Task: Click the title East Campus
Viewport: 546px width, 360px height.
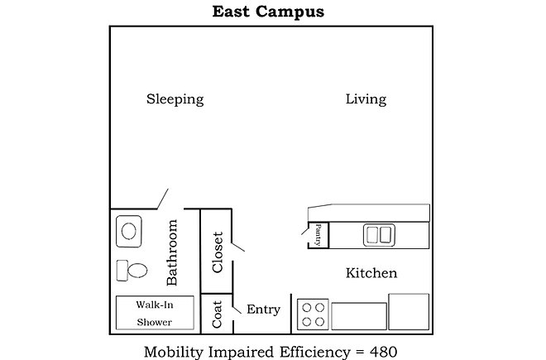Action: [268, 11]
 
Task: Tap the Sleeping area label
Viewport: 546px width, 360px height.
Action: [175, 99]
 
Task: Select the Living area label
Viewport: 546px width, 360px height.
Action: [366, 99]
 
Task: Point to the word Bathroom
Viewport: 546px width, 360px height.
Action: [172, 252]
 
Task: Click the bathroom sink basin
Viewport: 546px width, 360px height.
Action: [129, 231]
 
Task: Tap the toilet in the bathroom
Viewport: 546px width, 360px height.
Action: [132, 270]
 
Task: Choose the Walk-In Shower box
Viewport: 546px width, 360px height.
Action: [155, 313]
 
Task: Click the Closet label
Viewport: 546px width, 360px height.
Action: [218, 252]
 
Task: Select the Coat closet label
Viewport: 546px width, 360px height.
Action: [217, 314]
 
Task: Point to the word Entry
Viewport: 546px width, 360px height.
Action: [264, 310]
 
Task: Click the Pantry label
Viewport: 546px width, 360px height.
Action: [318, 235]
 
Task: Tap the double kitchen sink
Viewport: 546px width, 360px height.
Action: [379, 235]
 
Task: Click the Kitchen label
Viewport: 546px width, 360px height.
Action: [371, 273]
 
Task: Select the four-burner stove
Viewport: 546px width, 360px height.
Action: [313, 314]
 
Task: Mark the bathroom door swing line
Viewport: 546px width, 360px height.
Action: [163, 199]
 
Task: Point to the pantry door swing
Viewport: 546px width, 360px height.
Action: [305, 231]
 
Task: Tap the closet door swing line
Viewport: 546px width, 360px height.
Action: [238, 247]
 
